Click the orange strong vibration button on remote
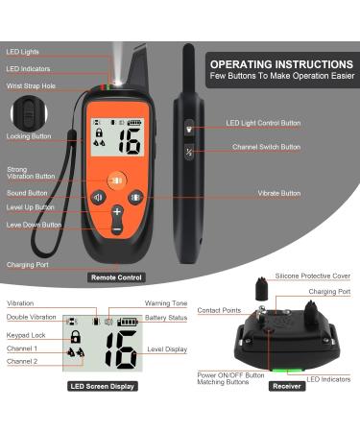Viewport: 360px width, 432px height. [x=117, y=180]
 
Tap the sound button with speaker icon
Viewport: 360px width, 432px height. [x=99, y=198]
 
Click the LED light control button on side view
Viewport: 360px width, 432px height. [x=189, y=129]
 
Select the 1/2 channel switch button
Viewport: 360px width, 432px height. [x=189, y=151]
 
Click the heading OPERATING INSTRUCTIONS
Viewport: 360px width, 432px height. [x=281, y=64]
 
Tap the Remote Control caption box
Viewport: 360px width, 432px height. [x=116, y=277]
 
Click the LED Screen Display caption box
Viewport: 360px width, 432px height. [x=103, y=386]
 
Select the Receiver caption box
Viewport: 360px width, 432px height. [x=287, y=386]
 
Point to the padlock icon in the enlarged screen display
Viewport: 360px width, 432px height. [x=75, y=336]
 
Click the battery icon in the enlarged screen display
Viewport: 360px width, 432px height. [x=128, y=322]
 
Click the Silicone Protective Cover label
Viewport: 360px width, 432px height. [x=313, y=276]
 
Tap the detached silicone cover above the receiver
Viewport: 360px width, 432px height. [x=262, y=288]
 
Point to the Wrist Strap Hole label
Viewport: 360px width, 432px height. [x=31, y=86]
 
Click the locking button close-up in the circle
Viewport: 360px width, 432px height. [x=29, y=113]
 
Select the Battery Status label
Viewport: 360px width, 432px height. [x=166, y=318]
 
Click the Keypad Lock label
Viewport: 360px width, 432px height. [x=26, y=335]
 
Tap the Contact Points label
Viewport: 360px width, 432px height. [x=219, y=310]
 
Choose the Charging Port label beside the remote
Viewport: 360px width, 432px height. [x=28, y=265]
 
